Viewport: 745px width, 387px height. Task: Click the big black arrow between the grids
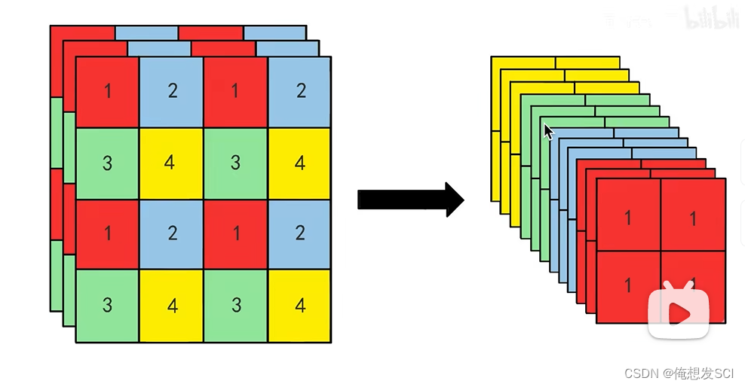click(x=411, y=200)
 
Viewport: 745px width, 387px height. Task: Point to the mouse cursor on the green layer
click(x=548, y=131)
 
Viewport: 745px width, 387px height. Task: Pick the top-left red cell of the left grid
click(x=107, y=92)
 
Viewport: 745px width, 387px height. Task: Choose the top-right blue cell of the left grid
click(x=299, y=92)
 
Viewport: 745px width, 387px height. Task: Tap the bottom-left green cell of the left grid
click(x=107, y=306)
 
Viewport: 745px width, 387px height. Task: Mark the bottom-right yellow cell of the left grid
click(x=299, y=306)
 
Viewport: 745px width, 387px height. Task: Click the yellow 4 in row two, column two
click(x=170, y=163)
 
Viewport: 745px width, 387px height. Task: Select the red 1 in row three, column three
click(x=235, y=233)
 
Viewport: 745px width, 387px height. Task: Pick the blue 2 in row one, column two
click(x=171, y=92)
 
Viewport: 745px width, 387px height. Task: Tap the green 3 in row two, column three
click(x=235, y=163)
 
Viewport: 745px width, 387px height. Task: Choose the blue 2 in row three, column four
click(x=299, y=233)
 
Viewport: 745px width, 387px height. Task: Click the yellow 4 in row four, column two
click(x=170, y=306)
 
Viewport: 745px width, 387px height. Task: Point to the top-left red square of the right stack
click(x=627, y=218)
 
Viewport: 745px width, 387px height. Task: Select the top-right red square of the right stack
click(x=692, y=218)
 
